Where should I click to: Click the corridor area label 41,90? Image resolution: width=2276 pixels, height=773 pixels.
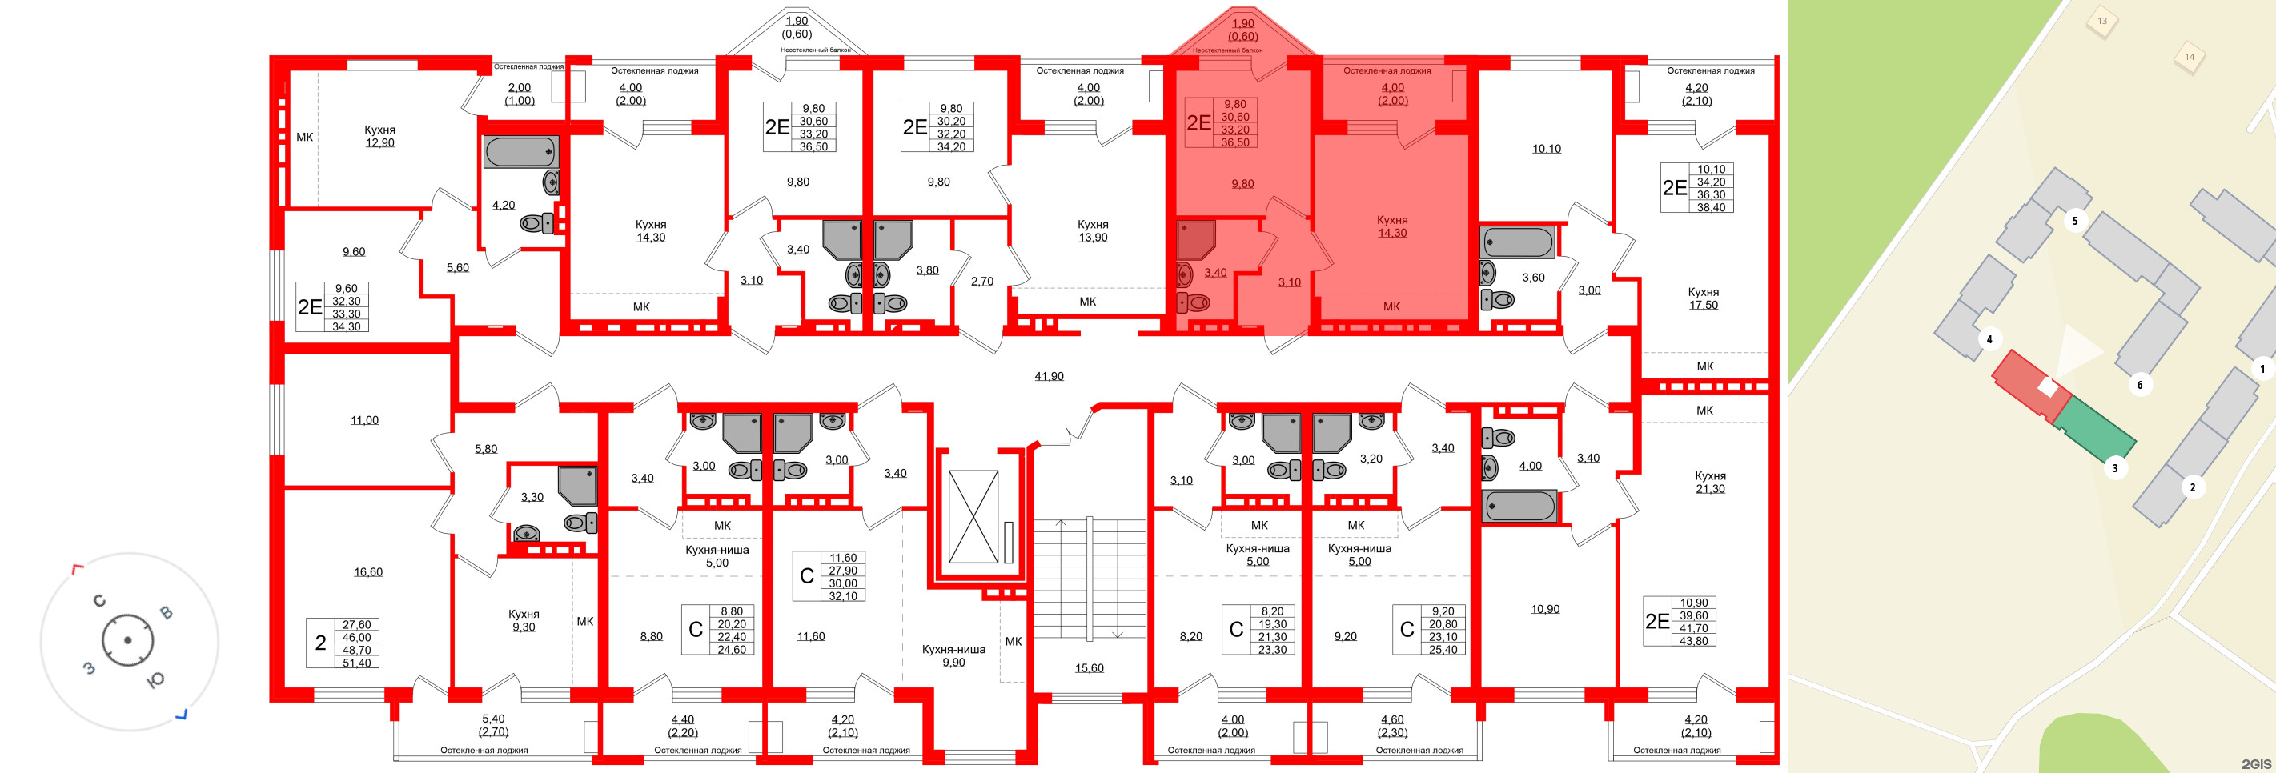click(x=1049, y=376)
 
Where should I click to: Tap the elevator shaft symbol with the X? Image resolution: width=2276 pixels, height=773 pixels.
click(x=973, y=517)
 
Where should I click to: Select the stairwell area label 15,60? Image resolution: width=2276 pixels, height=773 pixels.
click(x=1089, y=668)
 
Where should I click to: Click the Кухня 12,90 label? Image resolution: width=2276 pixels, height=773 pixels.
click(x=380, y=136)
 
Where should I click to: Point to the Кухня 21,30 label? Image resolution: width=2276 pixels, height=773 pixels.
click(x=1710, y=483)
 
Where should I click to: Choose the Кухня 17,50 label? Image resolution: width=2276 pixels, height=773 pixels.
click(x=1703, y=298)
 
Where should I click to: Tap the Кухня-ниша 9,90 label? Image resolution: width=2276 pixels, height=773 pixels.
click(x=953, y=655)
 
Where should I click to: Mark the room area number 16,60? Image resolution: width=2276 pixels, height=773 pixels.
click(x=368, y=572)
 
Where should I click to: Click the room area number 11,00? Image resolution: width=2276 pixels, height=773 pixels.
click(x=364, y=421)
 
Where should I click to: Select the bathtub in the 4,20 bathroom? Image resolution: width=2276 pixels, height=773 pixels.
click(x=520, y=152)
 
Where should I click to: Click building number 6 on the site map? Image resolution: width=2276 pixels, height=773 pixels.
click(x=2139, y=385)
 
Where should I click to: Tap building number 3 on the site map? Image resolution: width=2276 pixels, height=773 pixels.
click(x=2114, y=468)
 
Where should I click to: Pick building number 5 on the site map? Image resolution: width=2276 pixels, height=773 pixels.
click(x=2074, y=221)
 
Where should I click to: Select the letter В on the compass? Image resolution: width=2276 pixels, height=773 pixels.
click(x=165, y=613)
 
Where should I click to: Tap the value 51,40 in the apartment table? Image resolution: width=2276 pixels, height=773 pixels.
click(x=357, y=663)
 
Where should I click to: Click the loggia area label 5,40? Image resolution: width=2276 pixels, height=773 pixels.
click(x=493, y=719)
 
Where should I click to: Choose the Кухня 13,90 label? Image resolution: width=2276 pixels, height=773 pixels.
click(x=1093, y=230)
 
